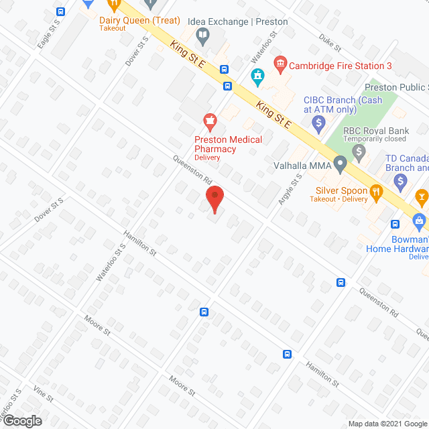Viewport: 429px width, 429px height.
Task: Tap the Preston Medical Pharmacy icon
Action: (x=210, y=121)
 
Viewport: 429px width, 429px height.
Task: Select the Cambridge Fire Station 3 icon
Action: (x=281, y=65)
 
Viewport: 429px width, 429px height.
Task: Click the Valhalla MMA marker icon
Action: (x=341, y=163)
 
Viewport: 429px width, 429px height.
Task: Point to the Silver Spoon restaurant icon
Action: (x=376, y=190)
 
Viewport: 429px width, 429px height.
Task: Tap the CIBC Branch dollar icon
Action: (x=318, y=123)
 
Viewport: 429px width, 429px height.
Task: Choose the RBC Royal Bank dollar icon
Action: (x=359, y=153)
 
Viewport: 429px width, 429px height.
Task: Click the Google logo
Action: (x=21, y=420)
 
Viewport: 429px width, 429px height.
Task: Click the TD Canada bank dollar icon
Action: (x=401, y=180)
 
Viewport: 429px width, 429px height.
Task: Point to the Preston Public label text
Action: (x=395, y=88)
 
